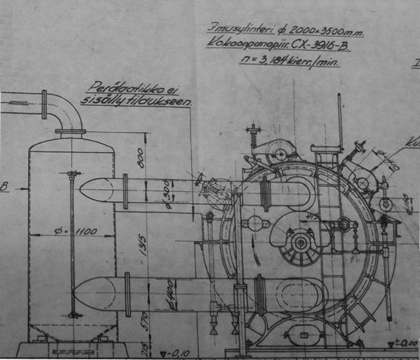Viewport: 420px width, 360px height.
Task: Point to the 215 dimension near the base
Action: (144, 348)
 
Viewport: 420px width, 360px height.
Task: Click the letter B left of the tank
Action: (5, 186)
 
